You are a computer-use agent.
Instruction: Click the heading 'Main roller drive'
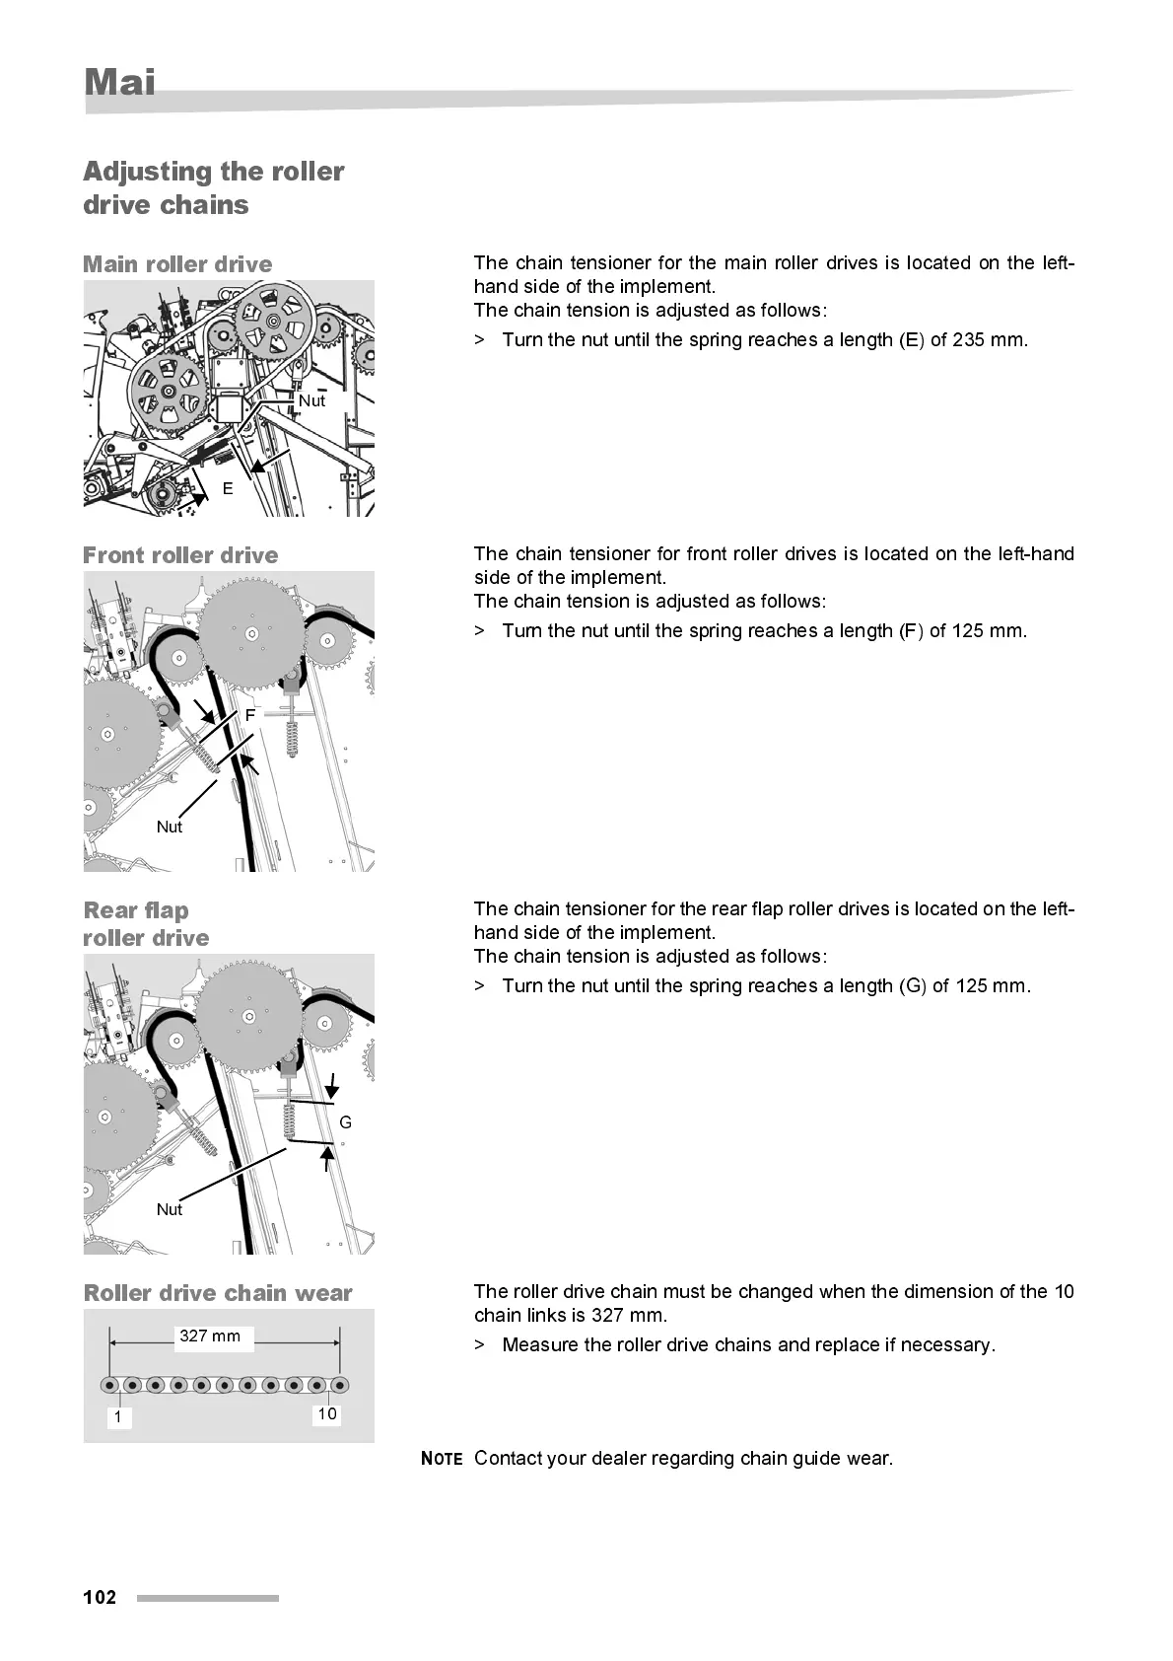pos(177,264)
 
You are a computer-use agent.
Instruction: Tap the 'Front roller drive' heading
pos(180,555)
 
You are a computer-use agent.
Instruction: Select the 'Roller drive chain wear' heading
pos(218,1293)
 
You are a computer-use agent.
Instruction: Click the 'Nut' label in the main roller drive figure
pos(311,400)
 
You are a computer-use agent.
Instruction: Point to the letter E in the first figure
pos(228,488)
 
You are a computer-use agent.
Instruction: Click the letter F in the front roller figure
pos(250,715)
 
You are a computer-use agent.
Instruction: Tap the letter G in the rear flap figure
pos(345,1122)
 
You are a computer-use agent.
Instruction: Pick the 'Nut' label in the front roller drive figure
pos(170,827)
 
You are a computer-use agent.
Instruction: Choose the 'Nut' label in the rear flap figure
pos(170,1209)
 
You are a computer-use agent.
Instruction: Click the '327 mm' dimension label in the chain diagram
pos(210,1336)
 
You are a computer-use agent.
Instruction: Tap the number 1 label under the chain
pos(117,1417)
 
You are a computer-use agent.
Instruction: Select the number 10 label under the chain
pos(326,1413)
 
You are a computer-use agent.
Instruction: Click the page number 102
pos(100,1597)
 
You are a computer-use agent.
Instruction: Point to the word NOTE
pos(442,1459)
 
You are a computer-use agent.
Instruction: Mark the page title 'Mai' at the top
pos(120,82)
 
